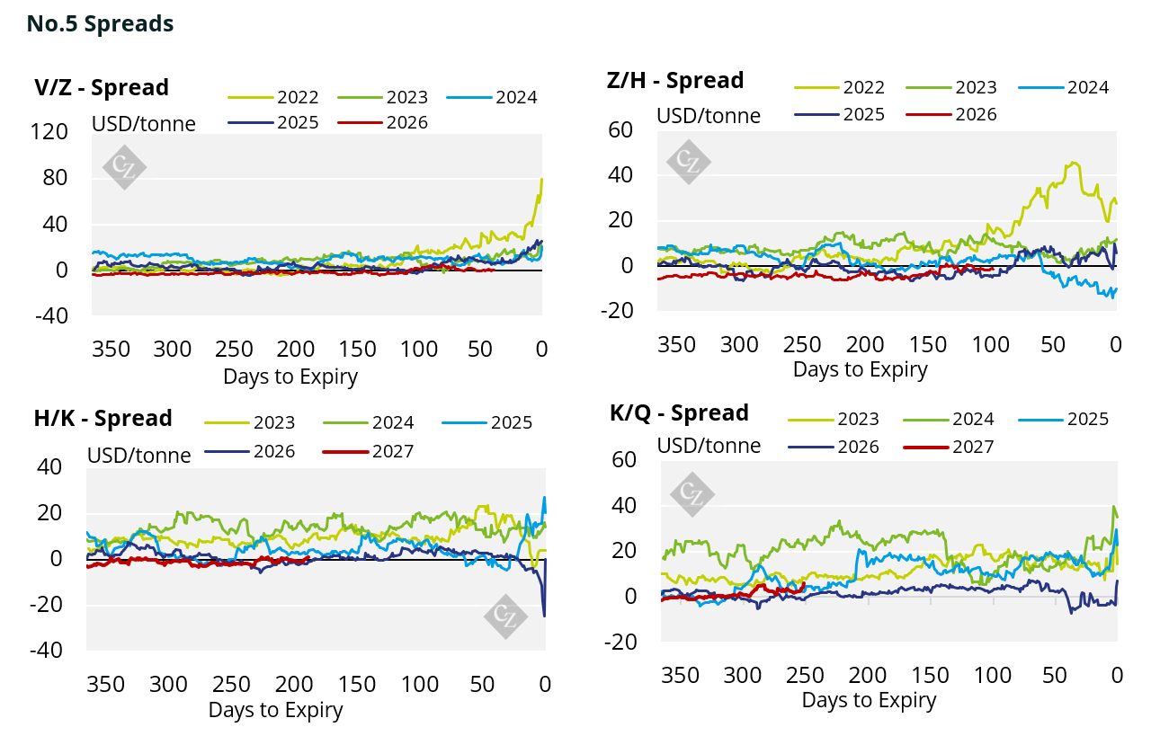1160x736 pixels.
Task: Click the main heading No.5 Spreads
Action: pyautogui.click(x=100, y=23)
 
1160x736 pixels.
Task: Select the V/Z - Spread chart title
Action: pyautogui.click(x=102, y=87)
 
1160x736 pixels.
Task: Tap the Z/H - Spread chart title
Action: pyautogui.click(x=675, y=80)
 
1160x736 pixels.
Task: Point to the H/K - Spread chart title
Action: pyautogui.click(x=103, y=418)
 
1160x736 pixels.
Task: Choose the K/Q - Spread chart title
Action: pyautogui.click(x=679, y=413)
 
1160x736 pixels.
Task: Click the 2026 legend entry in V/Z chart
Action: pyautogui.click(x=383, y=122)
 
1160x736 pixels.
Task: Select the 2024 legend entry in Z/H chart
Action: pyautogui.click(x=1063, y=87)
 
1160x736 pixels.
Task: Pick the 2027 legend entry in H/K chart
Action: pyautogui.click(x=368, y=451)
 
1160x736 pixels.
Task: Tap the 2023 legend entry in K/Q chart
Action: pyautogui.click(x=834, y=419)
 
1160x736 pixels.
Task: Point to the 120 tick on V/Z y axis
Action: pyautogui.click(x=49, y=132)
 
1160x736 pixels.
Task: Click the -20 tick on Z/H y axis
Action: pyautogui.click(x=617, y=311)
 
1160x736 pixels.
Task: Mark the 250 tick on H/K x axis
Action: pyautogui.click(x=231, y=684)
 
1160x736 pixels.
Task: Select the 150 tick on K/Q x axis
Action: pyautogui.click(x=930, y=676)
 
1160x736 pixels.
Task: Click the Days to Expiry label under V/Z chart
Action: pyautogui.click(x=290, y=377)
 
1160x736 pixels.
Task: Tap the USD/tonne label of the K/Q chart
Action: pyautogui.click(x=709, y=446)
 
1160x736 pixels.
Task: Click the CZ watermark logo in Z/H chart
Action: pyautogui.click(x=688, y=162)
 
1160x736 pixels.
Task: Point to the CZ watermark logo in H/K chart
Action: pyautogui.click(x=505, y=616)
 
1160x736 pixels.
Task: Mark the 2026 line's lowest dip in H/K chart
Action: pyautogui.click(x=544, y=616)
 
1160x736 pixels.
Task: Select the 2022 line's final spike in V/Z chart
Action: pyautogui.click(x=541, y=179)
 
